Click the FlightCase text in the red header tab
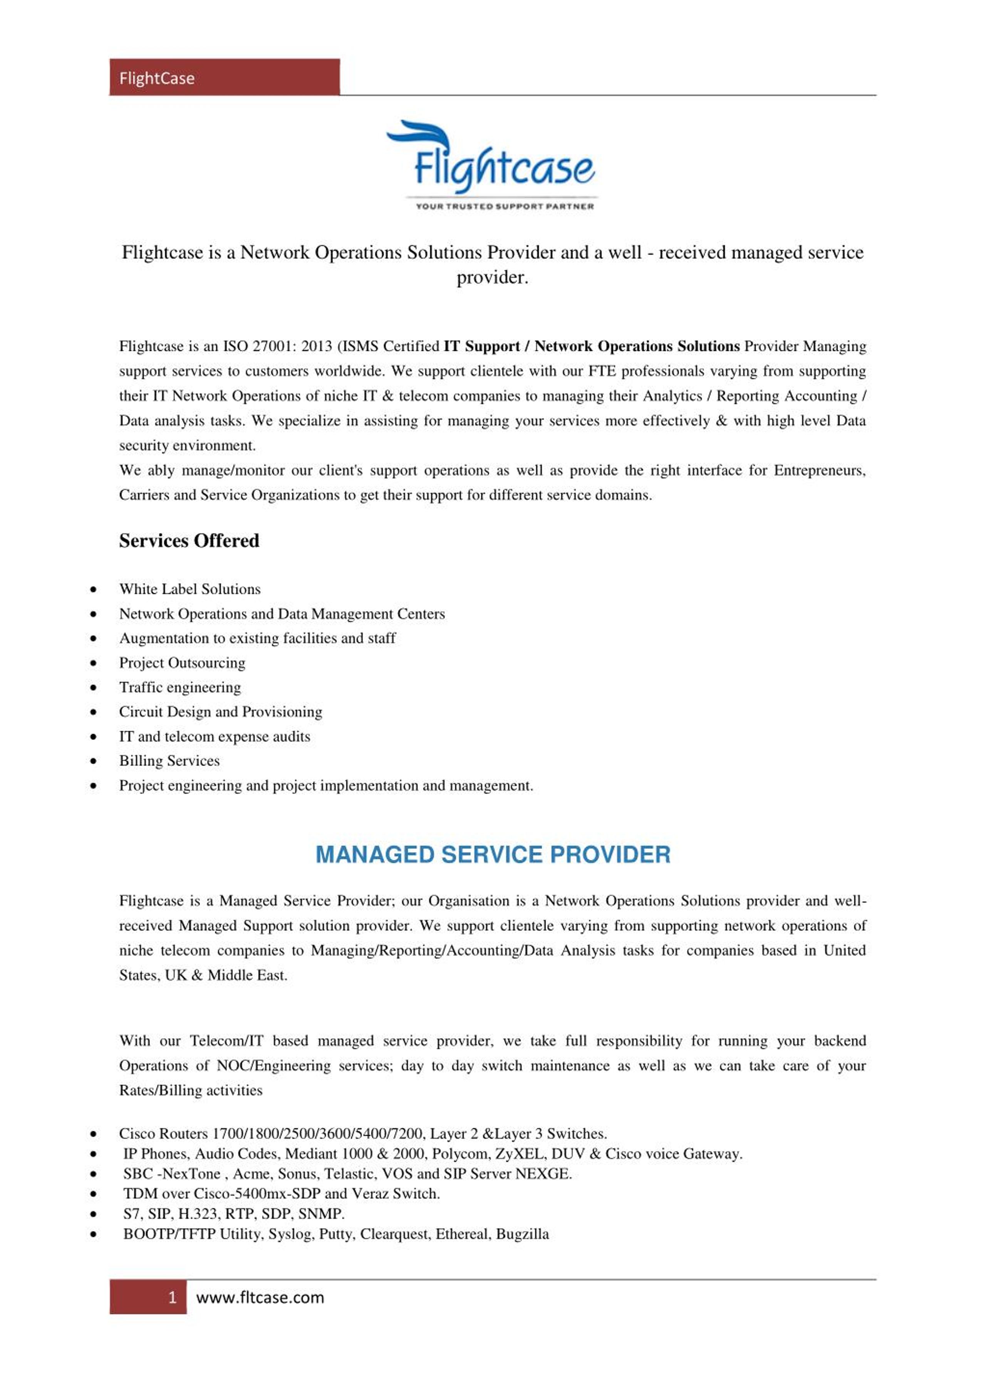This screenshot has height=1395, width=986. click(157, 78)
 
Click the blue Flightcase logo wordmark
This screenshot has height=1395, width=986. click(503, 168)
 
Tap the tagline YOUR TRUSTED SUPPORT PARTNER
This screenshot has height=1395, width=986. click(504, 206)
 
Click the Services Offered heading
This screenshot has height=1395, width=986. click(189, 541)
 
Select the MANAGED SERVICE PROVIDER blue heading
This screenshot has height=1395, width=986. click(493, 855)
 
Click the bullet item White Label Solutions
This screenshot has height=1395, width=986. click(189, 589)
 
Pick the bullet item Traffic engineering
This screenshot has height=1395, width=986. click(180, 687)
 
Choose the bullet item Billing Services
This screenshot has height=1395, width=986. click(169, 761)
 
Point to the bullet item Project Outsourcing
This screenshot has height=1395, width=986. click(182, 663)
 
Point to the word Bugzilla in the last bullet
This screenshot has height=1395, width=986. click(523, 1234)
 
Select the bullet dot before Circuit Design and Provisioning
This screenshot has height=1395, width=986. click(93, 712)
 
